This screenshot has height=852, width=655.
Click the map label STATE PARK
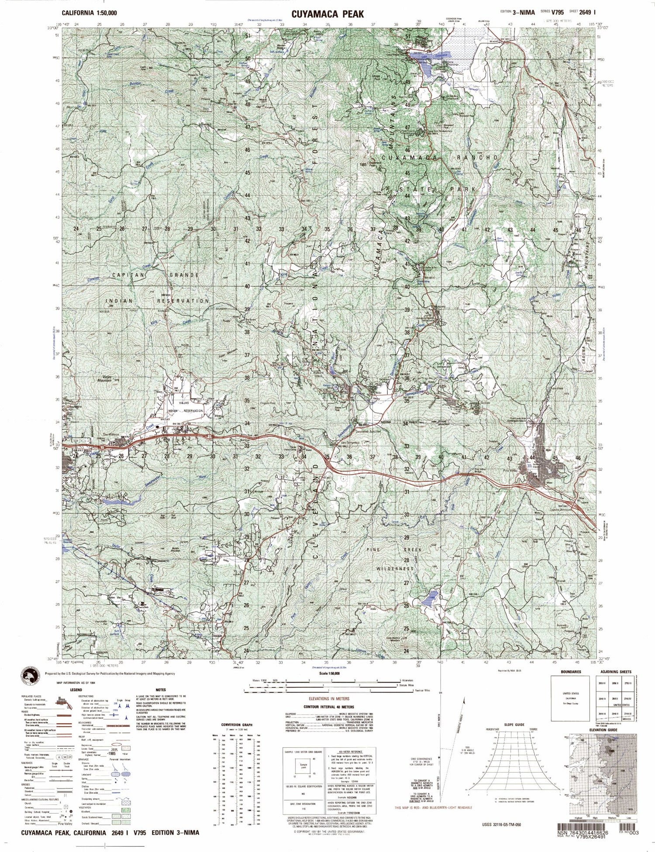pos(438,189)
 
